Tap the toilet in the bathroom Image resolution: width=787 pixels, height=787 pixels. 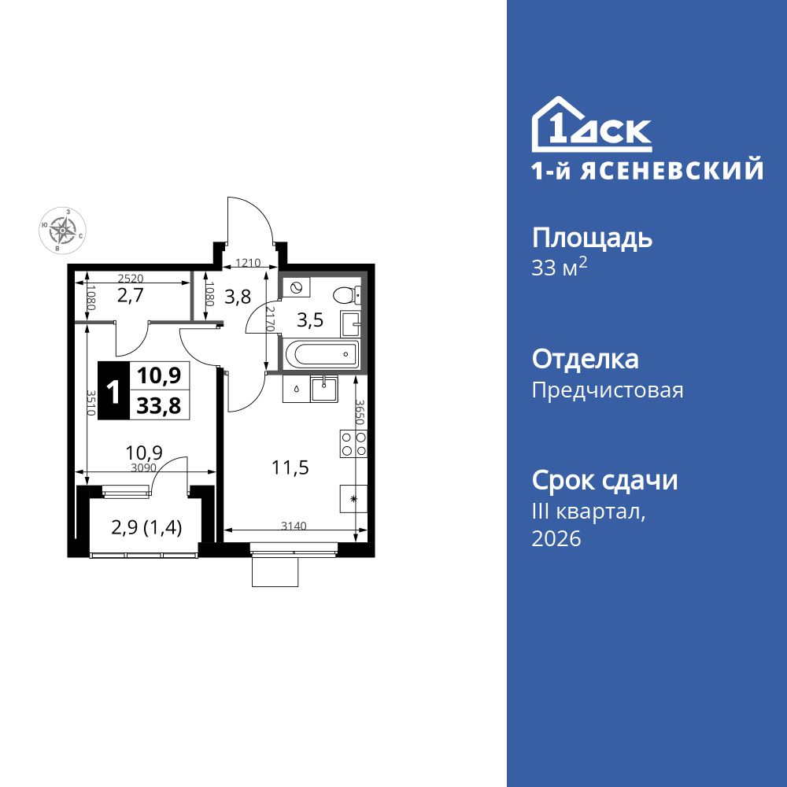[x=346, y=295]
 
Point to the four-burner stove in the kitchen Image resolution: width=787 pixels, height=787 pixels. [x=352, y=443]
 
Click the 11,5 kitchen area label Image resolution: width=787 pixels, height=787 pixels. [x=290, y=467]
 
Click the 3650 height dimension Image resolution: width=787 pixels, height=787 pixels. [x=359, y=412]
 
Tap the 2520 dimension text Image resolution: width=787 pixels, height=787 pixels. [x=131, y=278]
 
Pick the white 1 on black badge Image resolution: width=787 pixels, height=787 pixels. [x=113, y=391]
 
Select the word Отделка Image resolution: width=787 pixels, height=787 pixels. [x=585, y=360]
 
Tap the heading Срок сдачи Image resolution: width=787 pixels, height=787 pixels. [x=604, y=480]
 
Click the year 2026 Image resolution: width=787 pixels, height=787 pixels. [x=556, y=539]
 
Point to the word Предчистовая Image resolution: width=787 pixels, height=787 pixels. [x=608, y=390]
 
